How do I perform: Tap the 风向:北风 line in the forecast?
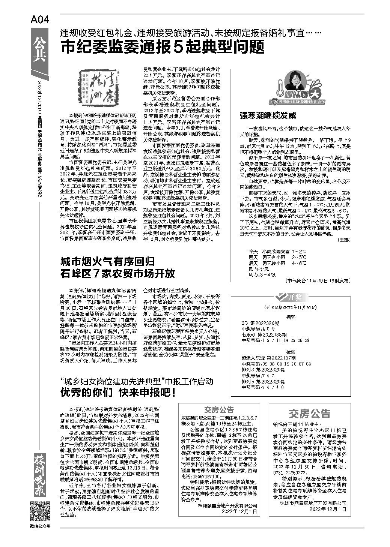click(x=259, y=269)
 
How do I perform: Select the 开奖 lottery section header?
click(x=289, y=297)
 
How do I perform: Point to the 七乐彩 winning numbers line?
click(x=276, y=340)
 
